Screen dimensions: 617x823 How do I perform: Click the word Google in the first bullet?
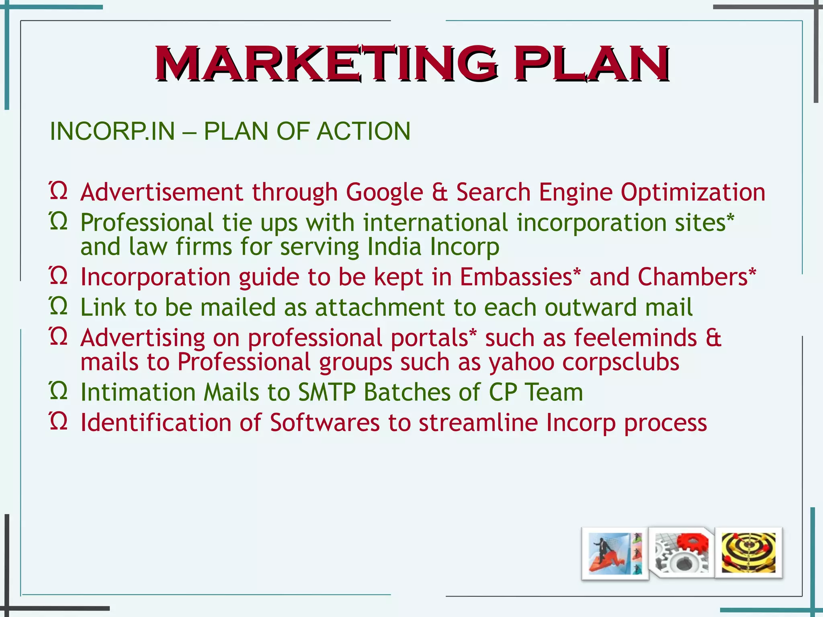point(385,192)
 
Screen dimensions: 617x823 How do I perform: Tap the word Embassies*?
point(520,277)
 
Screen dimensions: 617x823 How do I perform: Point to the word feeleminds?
point(635,338)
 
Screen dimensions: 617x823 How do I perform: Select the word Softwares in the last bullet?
point(325,423)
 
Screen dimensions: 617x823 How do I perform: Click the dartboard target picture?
point(749,553)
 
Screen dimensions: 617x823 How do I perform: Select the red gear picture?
point(682,553)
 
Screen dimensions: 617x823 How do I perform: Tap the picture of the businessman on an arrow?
point(615,554)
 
